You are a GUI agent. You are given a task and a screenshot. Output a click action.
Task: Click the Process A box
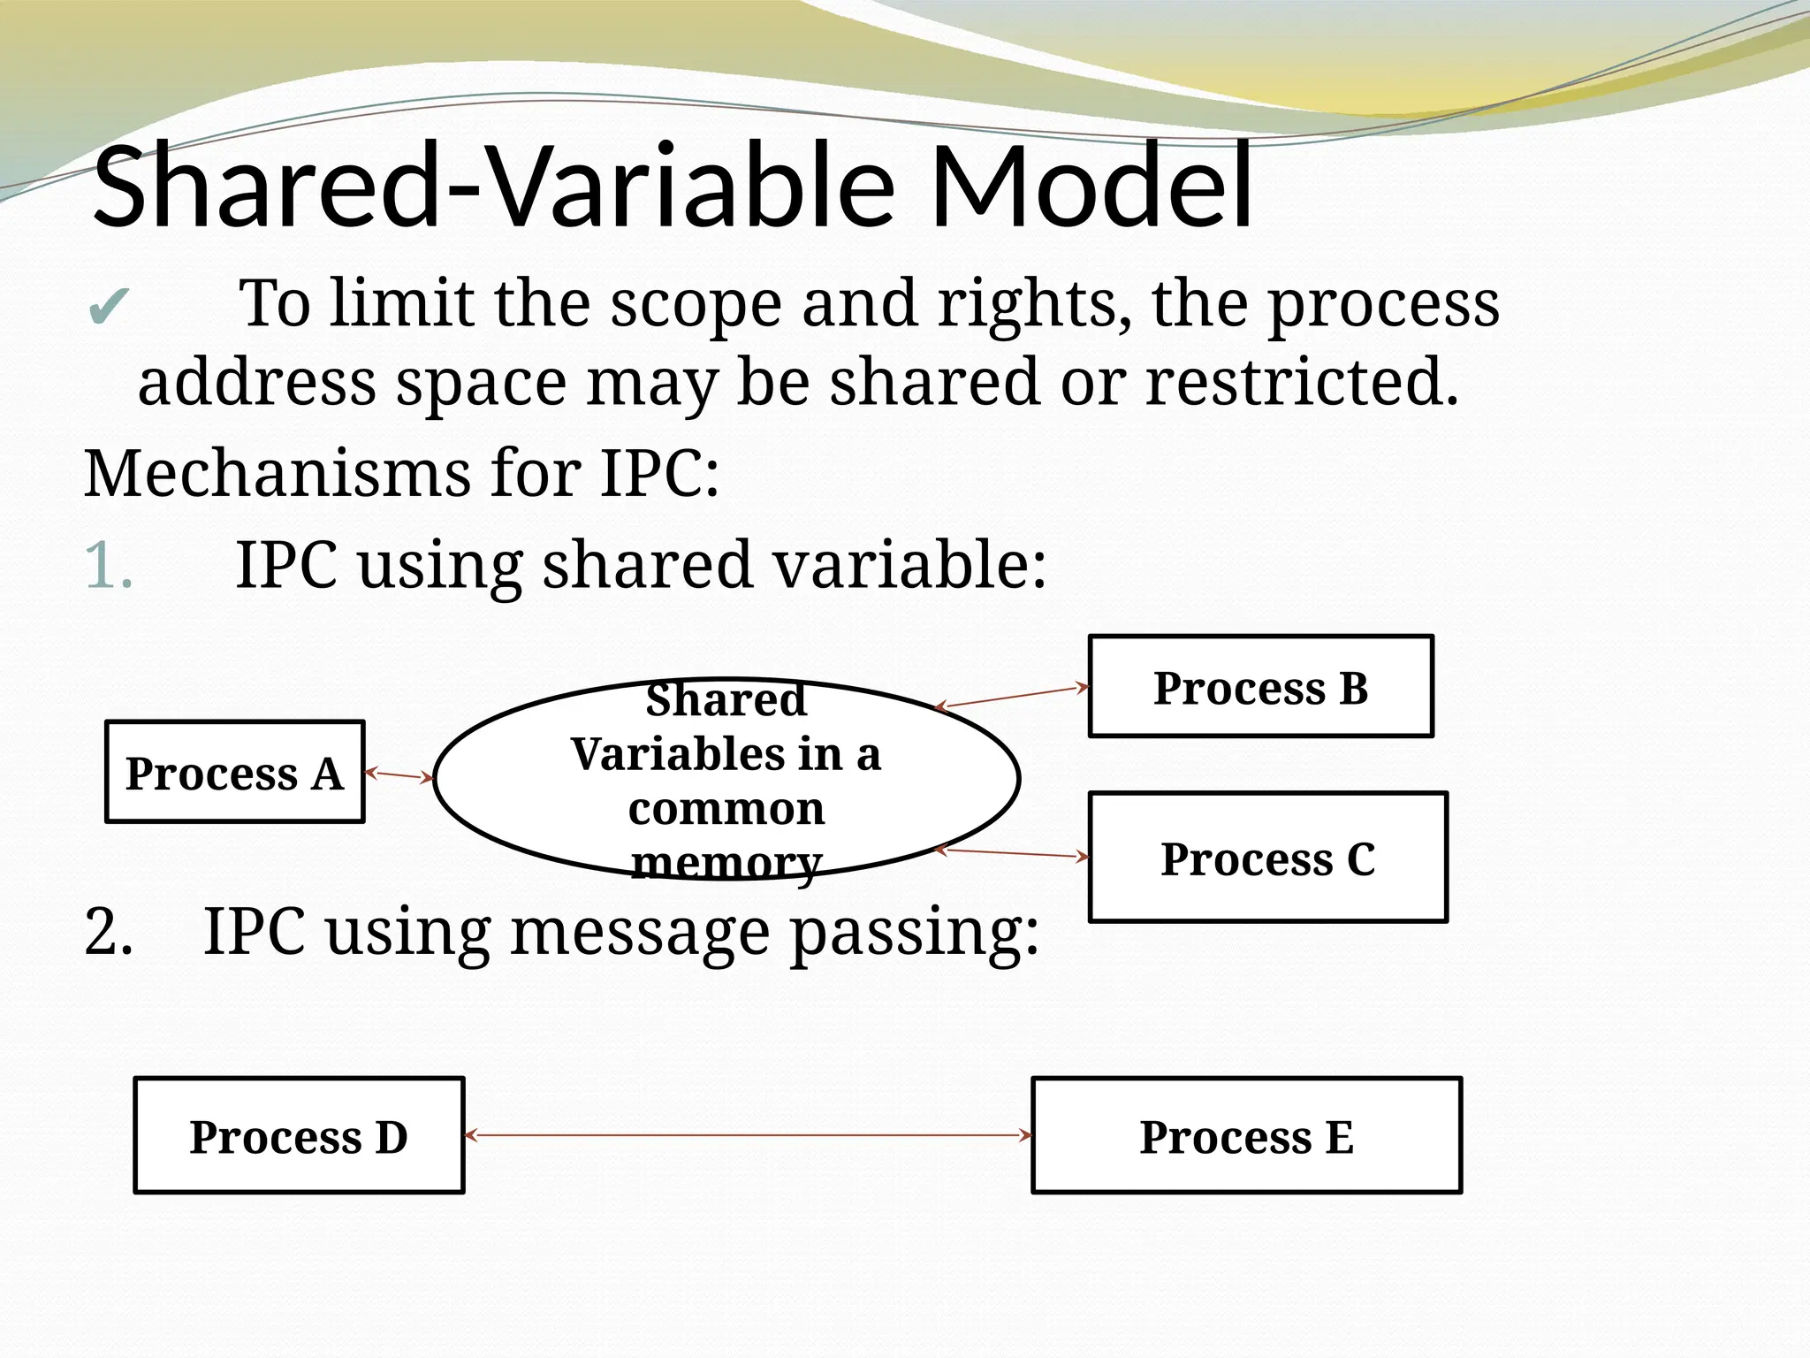[234, 772]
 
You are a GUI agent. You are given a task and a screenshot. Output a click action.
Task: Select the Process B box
[1260, 686]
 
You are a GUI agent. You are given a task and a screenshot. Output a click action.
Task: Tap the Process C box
[1267, 858]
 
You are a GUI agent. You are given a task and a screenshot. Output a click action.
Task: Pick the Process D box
[299, 1135]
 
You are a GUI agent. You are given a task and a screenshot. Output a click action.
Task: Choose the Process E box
[1246, 1135]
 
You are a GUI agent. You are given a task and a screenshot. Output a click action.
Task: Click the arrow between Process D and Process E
[748, 1134]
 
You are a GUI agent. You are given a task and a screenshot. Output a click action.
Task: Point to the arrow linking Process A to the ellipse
[399, 775]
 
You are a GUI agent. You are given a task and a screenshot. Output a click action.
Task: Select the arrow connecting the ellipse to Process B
[1012, 697]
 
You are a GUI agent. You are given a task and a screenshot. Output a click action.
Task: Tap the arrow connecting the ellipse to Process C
[1012, 853]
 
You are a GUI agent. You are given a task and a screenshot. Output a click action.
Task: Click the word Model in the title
[1091, 187]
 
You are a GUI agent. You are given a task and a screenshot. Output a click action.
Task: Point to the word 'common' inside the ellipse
[726, 808]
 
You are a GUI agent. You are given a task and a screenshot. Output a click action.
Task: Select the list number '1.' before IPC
[109, 566]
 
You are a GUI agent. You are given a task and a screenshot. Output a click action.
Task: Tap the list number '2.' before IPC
[109, 932]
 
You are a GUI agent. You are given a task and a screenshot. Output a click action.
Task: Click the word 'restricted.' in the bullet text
[1301, 382]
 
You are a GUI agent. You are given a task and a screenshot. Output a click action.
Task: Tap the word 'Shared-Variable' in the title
[495, 187]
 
